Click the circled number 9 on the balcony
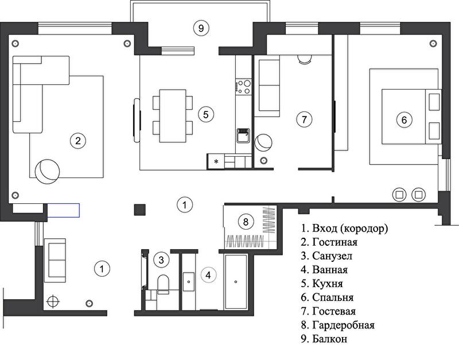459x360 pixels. [x=201, y=28]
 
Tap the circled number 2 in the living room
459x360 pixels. [x=78, y=141]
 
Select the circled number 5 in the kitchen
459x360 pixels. [x=206, y=114]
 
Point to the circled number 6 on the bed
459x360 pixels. [x=404, y=120]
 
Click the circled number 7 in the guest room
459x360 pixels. [x=305, y=119]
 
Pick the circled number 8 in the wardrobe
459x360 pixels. [x=246, y=222]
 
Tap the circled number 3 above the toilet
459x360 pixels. [x=161, y=260]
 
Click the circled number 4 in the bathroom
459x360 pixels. [x=208, y=275]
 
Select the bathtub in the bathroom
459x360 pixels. [x=236, y=282]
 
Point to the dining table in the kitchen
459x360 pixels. [x=173, y=116]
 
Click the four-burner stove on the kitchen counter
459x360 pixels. [x=243, y=87]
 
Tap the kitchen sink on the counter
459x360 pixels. [x=243, y=136]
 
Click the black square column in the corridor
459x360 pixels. [x=139, y=210]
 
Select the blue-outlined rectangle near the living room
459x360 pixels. [x=63, y=210]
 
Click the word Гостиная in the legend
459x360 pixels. [x=335, y=242]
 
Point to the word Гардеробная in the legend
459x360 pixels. [x=343, y=325]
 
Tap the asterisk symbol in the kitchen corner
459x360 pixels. [x=216, y=161]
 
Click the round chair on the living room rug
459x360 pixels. [x=47, y=172]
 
